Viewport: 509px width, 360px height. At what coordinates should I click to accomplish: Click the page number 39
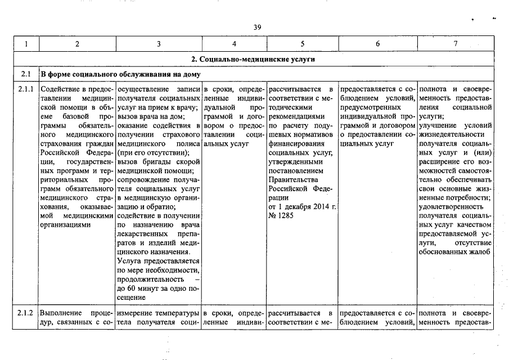256,27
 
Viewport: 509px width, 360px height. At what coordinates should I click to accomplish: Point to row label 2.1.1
25,89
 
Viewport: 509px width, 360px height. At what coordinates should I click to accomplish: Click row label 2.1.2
25,312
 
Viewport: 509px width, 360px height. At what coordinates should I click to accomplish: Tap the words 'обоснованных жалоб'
456,251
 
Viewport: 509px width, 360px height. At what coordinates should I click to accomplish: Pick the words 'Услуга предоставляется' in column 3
158,260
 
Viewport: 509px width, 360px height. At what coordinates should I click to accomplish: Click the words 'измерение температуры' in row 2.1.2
159,312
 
